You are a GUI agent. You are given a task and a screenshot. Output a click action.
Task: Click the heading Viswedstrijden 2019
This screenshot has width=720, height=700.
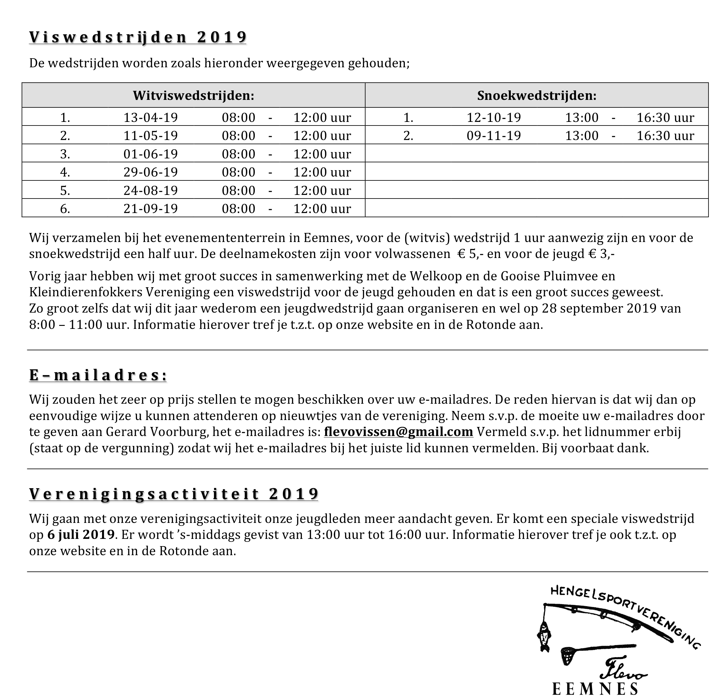(138, 37)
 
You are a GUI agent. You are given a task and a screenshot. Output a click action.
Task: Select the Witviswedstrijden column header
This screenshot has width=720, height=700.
(194, 96)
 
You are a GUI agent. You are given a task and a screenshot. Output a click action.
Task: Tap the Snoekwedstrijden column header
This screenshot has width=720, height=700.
(536, 96)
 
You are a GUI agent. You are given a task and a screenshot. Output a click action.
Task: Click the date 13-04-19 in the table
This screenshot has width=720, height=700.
(150, 118)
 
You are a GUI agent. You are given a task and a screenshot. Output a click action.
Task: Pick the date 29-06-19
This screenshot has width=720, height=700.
(150, 172)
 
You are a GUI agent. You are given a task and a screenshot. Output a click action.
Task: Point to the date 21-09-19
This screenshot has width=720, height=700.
(150, 209)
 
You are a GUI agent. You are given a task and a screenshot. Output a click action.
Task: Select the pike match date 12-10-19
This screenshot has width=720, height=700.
(494, 118)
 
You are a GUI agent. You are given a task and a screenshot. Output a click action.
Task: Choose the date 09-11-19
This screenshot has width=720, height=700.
(494, 136)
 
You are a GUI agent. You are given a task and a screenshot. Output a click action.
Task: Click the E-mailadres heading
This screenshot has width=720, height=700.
(98, 375)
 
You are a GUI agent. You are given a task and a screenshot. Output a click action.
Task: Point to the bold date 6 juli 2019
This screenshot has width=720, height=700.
(81, 534)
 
